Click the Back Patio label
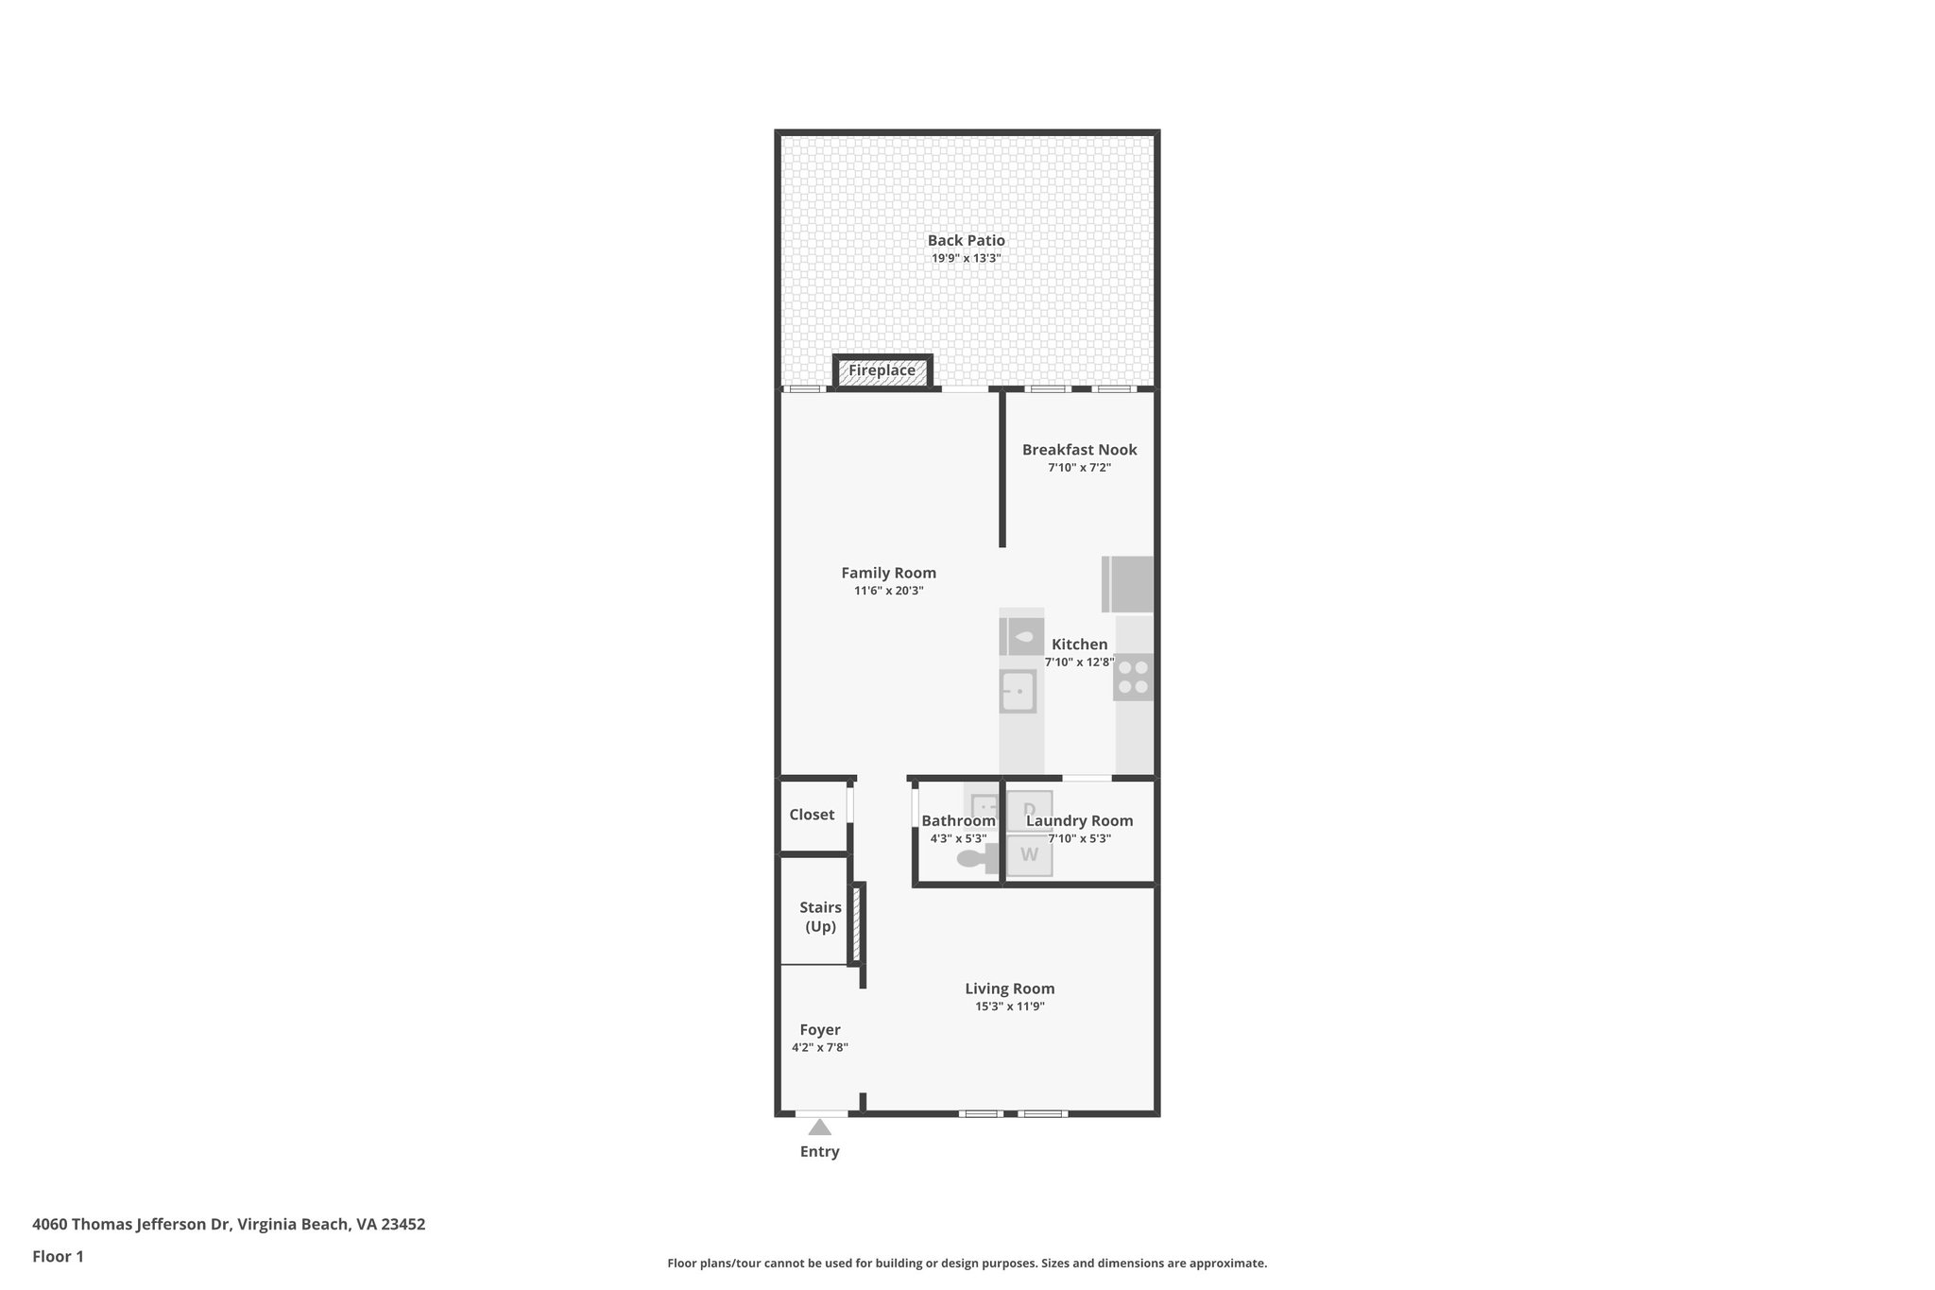pyautogui.click(x=966, y=240)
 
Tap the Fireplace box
pyautogui.click(x=882, y=370)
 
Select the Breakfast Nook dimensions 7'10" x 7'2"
pyautogui.click(x=1079, y=467)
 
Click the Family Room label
pyautogui.click(x=888, y=573)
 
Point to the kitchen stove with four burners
pyautogui.click(x=1133, y=677)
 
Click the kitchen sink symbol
pyautogui.click(x=1019, y=691)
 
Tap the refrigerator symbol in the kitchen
pyautogui.click(x=1129, y=584)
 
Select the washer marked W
pyautogui.click(x=1029, y=855)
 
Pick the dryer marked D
pyautogui.click(x=1029, y=810)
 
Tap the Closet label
pyautogui.click(x=812, y=815)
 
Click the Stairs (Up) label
pyautogui.click(x=820, y=917)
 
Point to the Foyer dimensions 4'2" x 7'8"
pyautogui.click(x=819, y=1047)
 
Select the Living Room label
pyautogui.click(x=1009, y=989)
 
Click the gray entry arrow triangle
pyautogui.click(x=819, y=1127)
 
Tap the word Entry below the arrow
pyautogui.click(x=819, y=1151)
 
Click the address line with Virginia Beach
pyautogui.click(x=229, y=1224)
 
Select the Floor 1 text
pyautogui.click(x=58, y=1256)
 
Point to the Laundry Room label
pyautogui.click(x=1079, y=820)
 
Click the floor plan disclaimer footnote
pyautogui.click(x=967, y=1263)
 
